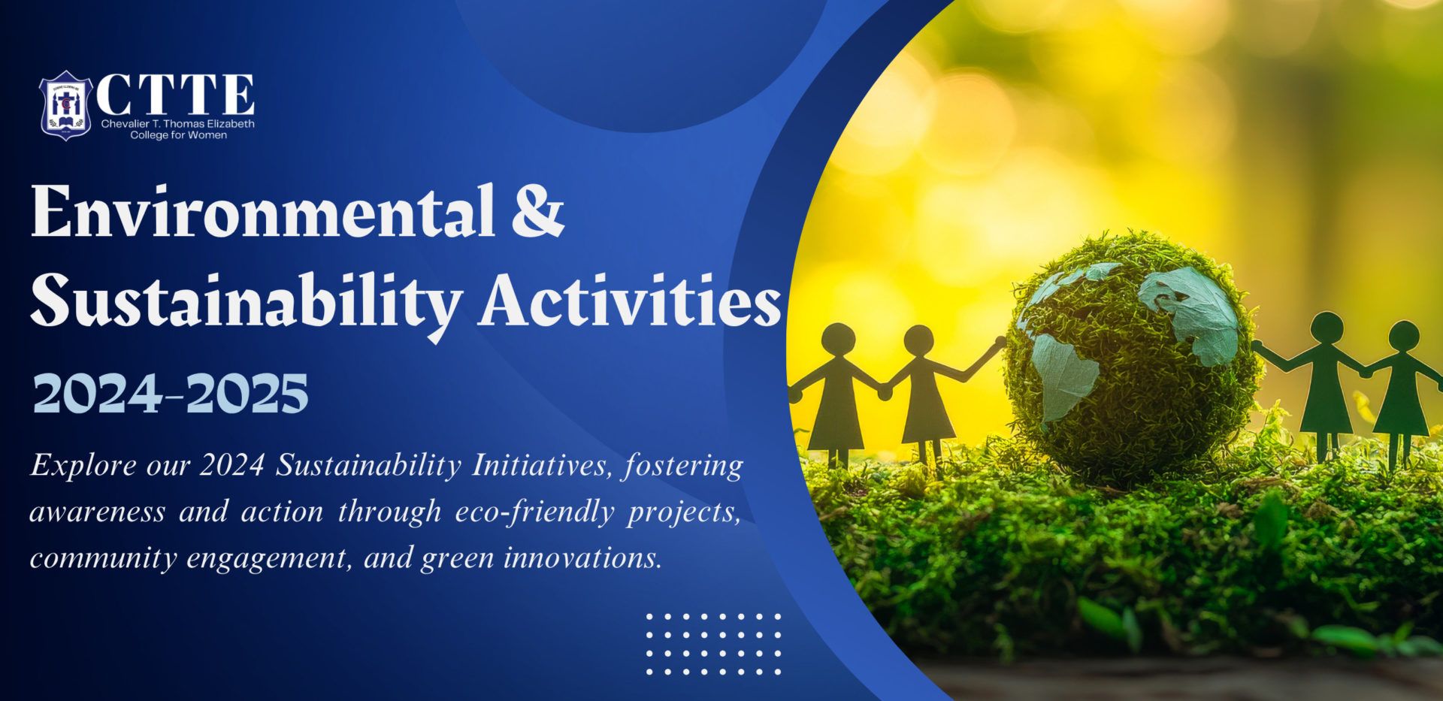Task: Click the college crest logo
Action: click(66, 105)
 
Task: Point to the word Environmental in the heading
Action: click(263, 212)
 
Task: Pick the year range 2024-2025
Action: click(171, 394)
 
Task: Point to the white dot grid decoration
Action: click(714, 644)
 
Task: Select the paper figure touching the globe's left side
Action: click(932, 391)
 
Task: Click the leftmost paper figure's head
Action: click(839, 338)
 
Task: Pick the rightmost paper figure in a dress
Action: click(1402, 391)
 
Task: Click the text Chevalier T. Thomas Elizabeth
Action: click(178, 124)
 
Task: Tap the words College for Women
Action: click(178, 135)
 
